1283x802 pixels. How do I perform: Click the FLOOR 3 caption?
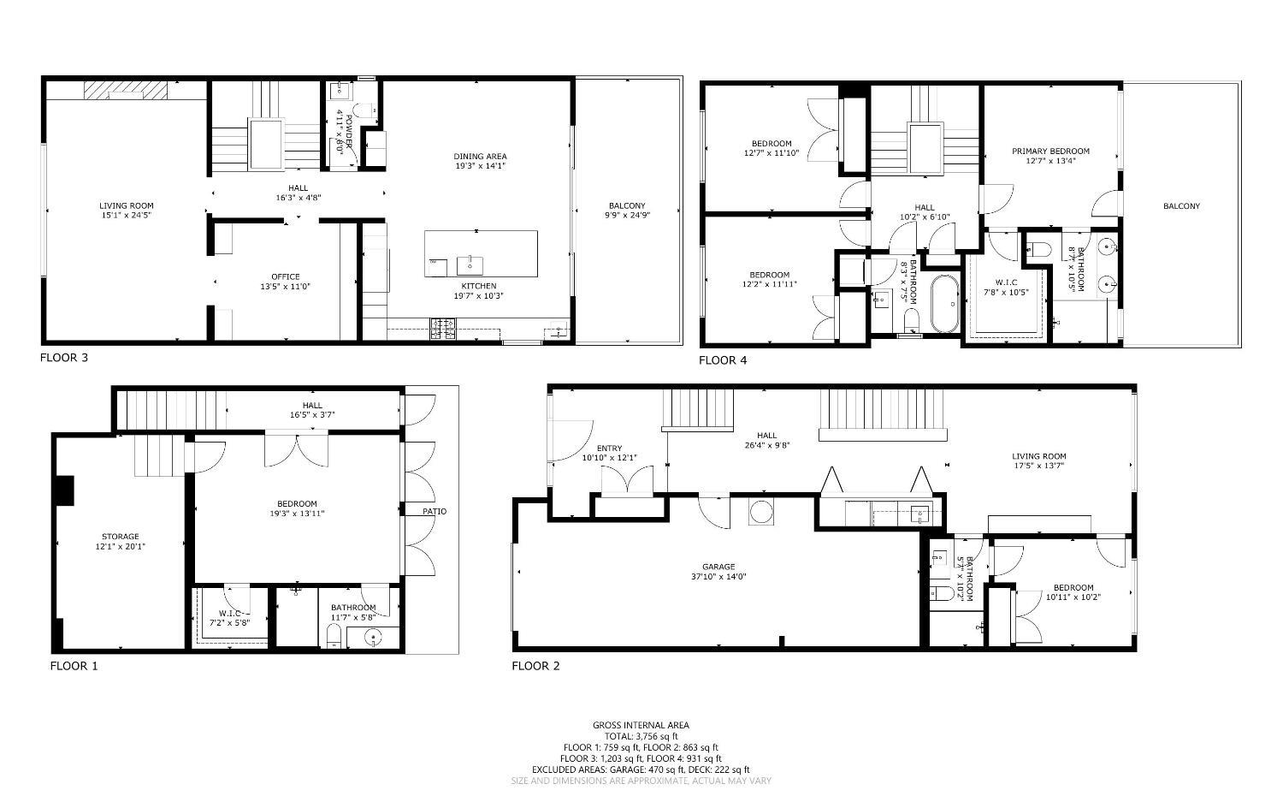click(x=64, y=358)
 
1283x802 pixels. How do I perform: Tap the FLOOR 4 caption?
click(x=723, y=360)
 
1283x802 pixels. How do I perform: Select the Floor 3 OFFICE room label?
click(x=285, y=276)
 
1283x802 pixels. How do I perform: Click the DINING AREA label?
click(x=480, y=157)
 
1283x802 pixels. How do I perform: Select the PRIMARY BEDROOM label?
click(x=1050, y=151)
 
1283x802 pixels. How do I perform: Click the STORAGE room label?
click(x=120, y=537)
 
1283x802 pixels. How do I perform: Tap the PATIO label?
click(x=434, y=512)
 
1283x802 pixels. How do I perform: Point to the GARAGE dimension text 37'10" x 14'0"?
click(x=718, y=577)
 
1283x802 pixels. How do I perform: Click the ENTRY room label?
click(x=609, y=449)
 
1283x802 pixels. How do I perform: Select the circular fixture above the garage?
click(x=761, y=512)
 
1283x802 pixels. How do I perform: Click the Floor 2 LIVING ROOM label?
click(x=1039, y=456)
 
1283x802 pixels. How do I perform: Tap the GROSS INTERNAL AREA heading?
click(x=641, y=725)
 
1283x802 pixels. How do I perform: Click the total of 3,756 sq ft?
click(x=641, y=736)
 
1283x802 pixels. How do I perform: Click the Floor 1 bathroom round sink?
click(x=373, y=637)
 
